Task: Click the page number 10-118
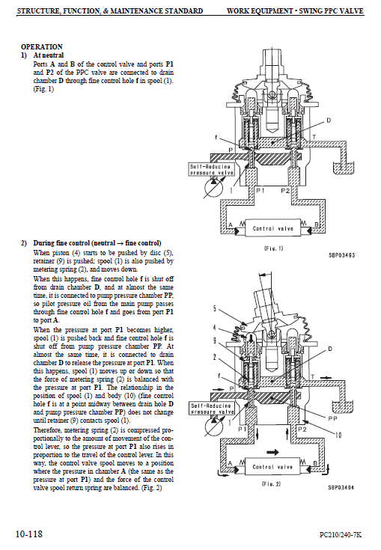pos(29,534)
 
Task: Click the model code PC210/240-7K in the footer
pos(340,534)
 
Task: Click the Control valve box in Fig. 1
pos(272,227)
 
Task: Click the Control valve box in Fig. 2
pos(272,465)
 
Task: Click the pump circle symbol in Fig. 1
pos(196,184)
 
